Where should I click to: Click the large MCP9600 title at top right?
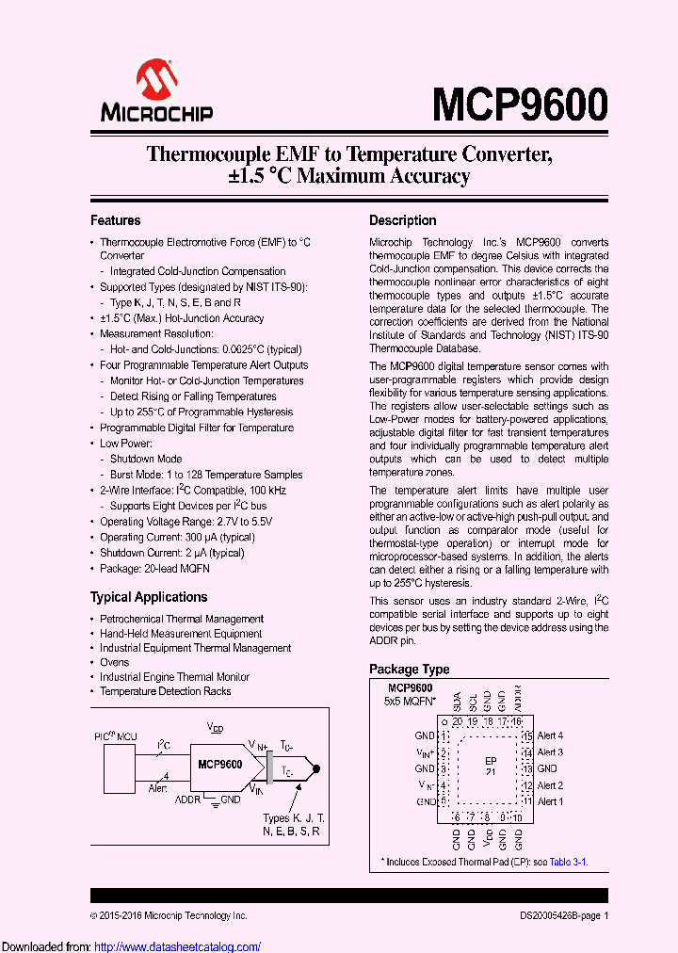click(520, 103)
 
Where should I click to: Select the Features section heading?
click(115, 220)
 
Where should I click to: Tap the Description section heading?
click(402, 220)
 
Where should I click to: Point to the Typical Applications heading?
click(149, 597)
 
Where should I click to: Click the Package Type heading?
click(409, 670)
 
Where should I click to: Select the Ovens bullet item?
click(115, 662)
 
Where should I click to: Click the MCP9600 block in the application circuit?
click(219, 764)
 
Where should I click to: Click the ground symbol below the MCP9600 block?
click(217, 800)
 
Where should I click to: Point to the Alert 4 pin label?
click(550, 735)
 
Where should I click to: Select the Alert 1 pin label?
click(550, 801)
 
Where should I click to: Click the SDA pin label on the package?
click(457, 703)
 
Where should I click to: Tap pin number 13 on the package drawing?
click(528, 768)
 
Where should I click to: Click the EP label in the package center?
click(491, 761)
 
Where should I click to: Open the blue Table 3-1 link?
click(568, 862)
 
